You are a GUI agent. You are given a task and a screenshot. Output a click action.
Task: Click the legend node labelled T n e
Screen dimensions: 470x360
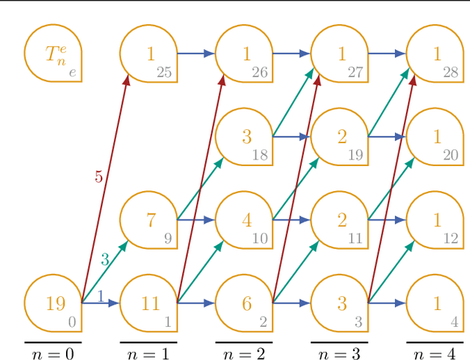[53, 54]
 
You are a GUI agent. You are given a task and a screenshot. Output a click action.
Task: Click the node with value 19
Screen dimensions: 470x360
[53, 303]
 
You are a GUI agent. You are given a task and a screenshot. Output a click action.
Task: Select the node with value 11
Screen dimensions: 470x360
[148, 303]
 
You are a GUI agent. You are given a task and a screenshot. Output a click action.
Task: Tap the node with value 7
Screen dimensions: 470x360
[148, 220]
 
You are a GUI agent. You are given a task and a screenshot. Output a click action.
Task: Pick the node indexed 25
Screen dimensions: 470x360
[148, 54]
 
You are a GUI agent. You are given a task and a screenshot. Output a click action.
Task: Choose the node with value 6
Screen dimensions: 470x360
[244, 303]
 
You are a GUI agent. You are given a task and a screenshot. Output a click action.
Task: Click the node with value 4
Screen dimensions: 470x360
[244, 220]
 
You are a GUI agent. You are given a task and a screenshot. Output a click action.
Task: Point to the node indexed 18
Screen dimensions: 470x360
[244, 137]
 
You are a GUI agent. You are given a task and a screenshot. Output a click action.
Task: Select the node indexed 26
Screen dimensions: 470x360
[244, 54]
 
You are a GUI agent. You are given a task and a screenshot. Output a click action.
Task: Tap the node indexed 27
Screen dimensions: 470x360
[339, 54]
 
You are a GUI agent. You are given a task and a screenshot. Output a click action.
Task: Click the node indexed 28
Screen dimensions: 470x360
[435, 54]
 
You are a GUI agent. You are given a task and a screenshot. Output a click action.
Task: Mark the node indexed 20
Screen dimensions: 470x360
[435, 137]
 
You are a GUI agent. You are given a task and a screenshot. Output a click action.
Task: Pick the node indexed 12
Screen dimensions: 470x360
[435, 220]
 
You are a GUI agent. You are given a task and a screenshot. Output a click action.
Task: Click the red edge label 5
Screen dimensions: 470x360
[98, 176]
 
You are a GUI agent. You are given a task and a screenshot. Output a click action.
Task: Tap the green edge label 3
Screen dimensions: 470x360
[104, 259]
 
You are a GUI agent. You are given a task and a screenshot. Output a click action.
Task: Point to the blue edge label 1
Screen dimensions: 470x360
[100, 296]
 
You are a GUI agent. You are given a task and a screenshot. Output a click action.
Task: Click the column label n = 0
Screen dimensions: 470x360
[53, 354]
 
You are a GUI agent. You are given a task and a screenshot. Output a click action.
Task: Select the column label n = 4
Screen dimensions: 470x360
[435, 354]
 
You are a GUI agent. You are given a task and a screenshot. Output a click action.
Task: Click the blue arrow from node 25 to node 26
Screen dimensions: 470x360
[196, 54]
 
